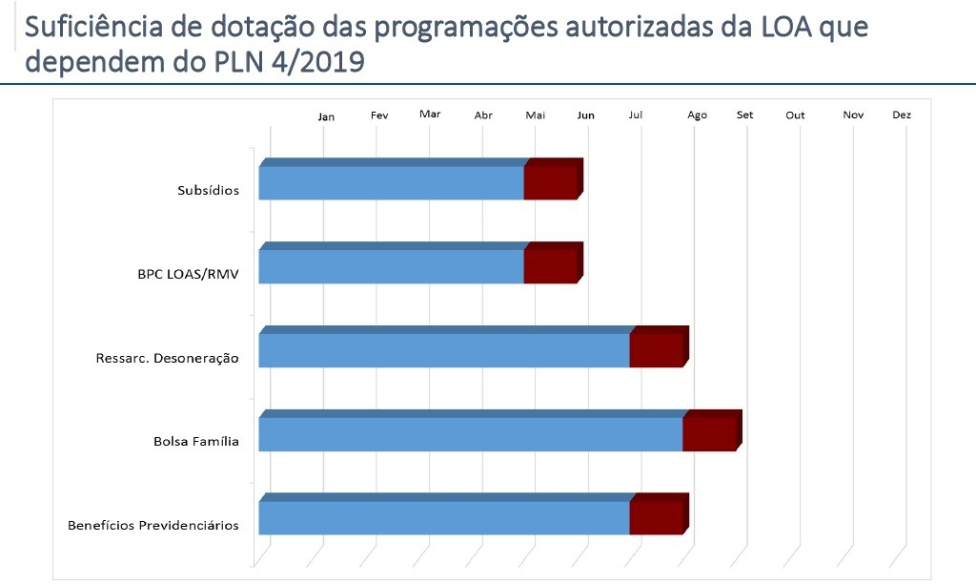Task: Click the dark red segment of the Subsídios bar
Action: coord(551,181)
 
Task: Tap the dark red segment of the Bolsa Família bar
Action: coord(709,433)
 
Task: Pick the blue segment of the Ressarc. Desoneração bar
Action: coord(443,349)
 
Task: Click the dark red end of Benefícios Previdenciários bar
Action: coord(657,517)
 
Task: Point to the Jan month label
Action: coord(327,116)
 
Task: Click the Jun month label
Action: coord(586,115)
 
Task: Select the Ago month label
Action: coord(698,115)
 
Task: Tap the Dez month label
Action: coord(902,115)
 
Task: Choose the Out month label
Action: coord(795,115)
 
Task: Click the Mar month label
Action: coord(430,114)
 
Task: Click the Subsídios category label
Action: coord(208,190)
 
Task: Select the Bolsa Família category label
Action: coord(195,442)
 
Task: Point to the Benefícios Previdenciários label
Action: coord(152,526)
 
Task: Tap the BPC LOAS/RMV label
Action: coord(188,274)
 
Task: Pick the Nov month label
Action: coord(853,115)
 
